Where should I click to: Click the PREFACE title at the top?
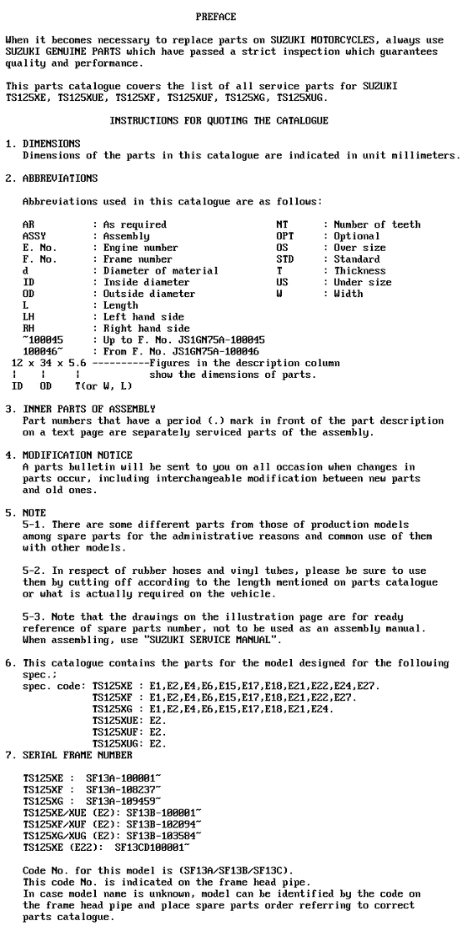point(216,17)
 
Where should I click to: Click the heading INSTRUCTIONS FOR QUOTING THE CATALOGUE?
point(218,121)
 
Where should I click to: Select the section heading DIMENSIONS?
point(52,143)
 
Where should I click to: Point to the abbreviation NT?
point(281,224)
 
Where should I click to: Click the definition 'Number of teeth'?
point(377,224)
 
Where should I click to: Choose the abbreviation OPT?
point(284,236)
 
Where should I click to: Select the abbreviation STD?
point(284,259)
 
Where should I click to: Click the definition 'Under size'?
point(363,283)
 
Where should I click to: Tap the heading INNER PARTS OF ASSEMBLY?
point(89,409)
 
